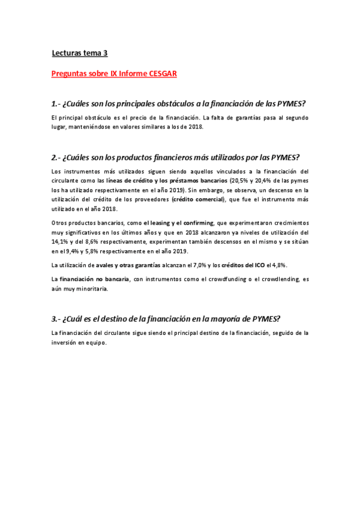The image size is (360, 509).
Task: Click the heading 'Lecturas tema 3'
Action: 80,53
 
